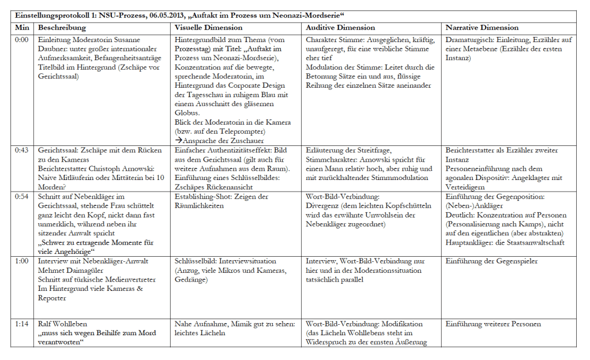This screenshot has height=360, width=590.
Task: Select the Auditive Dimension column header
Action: [340, 27]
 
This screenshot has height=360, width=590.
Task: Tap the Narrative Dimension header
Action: [482, 27]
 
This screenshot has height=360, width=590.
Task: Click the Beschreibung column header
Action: [62, 27]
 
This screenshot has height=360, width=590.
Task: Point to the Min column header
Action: [22, 27]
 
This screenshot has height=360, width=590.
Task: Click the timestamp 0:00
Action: [21, 40]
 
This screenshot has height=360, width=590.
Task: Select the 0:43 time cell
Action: [21, 151]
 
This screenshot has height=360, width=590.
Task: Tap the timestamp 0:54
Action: [21, 197]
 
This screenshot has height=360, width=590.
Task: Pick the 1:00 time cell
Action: [21, 261]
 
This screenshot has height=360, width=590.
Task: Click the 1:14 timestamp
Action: [21, 324]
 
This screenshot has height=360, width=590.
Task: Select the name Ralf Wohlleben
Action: [62, 324]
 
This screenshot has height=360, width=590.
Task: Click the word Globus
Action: [187, 113]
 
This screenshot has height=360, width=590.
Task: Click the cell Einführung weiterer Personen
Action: [493, 324]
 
